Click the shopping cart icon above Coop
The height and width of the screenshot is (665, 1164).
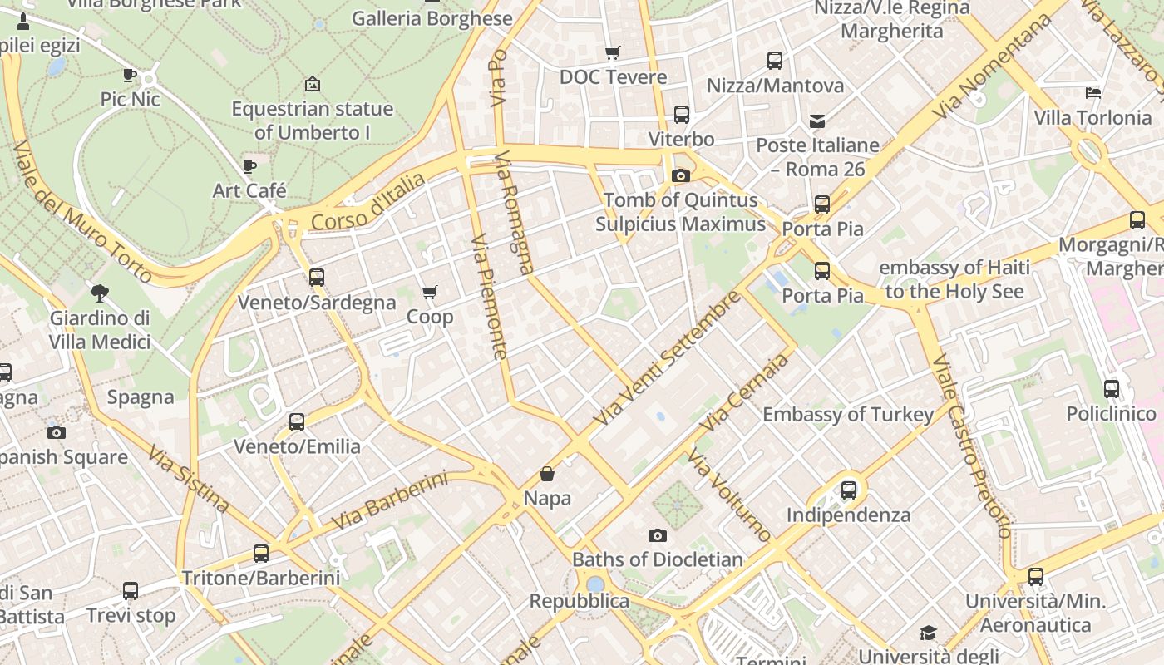point(429,292)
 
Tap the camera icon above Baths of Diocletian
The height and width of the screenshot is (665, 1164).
point(658,535)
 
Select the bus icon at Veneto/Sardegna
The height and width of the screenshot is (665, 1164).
point(317,278)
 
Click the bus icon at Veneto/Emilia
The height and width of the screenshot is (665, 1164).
point(297,421)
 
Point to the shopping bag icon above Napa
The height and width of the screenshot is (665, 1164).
point(547,474)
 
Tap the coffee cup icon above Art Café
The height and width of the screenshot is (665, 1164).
point(249,166)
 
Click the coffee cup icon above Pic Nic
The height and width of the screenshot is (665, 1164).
point(130,75)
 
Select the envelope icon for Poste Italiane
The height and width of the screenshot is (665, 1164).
point(817,121)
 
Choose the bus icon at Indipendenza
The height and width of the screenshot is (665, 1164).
point(848,490)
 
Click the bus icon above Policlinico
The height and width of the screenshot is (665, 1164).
point(1111,388)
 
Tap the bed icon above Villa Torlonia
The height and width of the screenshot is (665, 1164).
point(1093,93)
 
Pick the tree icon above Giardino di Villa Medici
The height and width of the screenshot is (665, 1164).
point(100,293)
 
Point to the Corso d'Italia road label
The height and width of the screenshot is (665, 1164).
point(368,202)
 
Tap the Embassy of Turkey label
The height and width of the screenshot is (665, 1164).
point(848,414)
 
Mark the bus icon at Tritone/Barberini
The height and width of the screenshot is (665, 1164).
point(261,553)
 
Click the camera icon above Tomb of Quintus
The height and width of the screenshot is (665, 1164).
point(680,175)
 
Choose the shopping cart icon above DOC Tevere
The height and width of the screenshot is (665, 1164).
point(613,52)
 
